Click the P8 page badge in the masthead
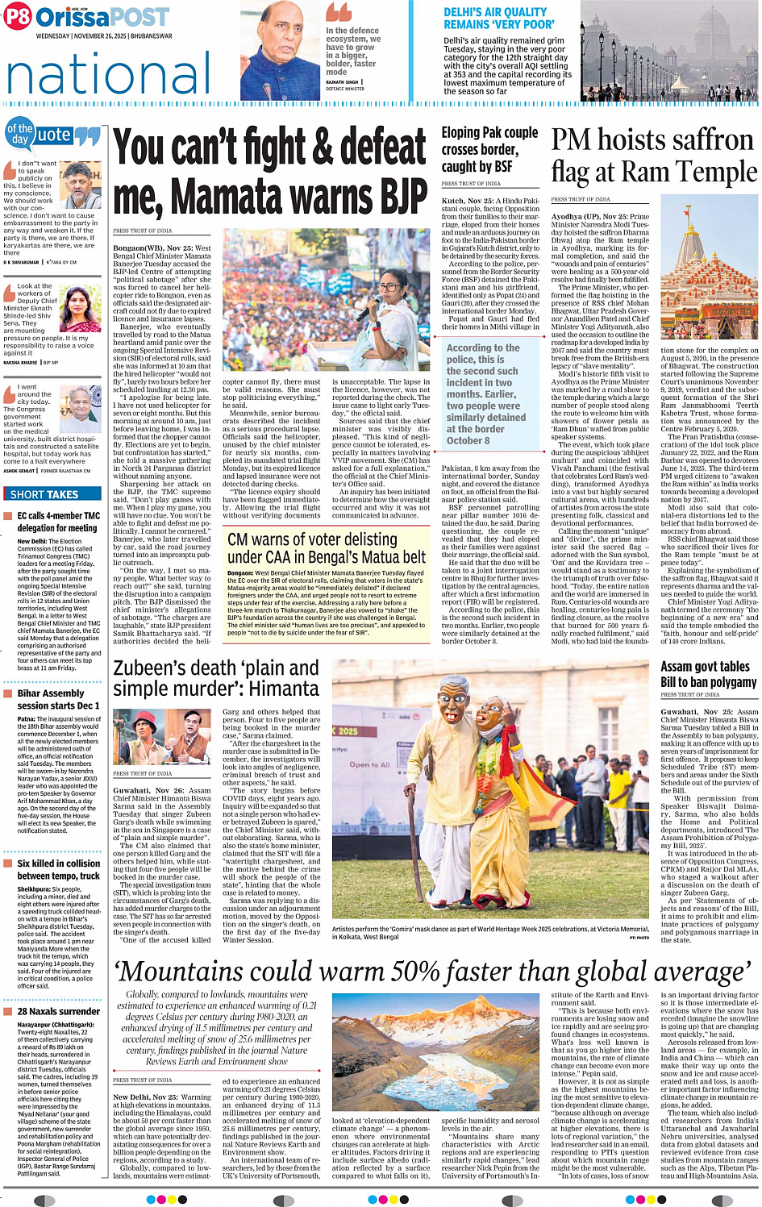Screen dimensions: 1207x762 click(18, 17)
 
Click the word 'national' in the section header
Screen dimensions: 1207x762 click(109, 74)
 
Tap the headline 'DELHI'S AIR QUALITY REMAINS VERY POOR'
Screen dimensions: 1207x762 click(494, 19)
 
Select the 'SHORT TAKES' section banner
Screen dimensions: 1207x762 click(44, 494)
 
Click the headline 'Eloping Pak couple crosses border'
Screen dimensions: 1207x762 click(489, 149)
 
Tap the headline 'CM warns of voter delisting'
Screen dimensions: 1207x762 click(312, 539)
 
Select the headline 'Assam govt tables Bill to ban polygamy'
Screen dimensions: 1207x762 click(708, 674)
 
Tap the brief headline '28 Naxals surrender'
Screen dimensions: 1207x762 click(59, 1011)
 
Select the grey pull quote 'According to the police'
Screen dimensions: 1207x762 click(484, 393)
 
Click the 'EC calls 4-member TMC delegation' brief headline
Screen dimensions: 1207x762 click(59, 522)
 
